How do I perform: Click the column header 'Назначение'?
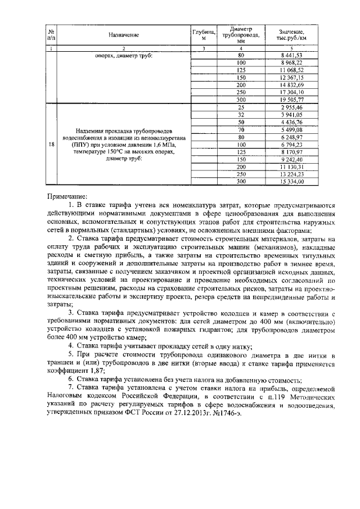tap(124, 35)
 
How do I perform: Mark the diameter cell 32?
tap(241, 114)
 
